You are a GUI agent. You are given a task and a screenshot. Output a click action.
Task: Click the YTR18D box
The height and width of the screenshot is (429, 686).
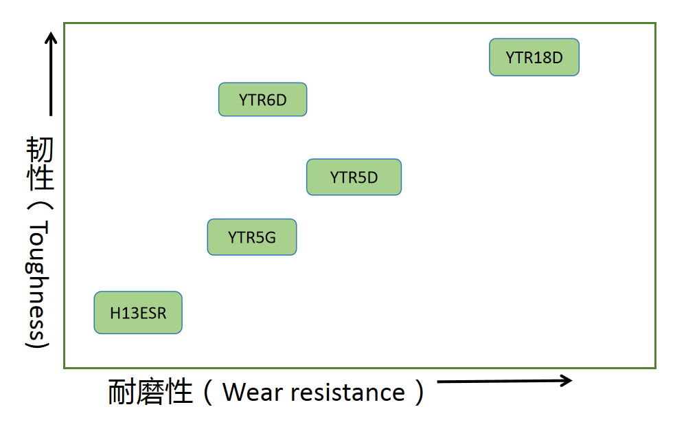534,57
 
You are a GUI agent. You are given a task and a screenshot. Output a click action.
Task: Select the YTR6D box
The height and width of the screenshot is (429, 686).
262,100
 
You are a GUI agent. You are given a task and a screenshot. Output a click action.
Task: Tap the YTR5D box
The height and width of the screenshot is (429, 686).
354,177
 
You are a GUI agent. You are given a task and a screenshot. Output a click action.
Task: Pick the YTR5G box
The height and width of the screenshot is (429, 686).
252,237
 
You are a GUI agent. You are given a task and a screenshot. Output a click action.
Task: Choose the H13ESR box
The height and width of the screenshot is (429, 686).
138,313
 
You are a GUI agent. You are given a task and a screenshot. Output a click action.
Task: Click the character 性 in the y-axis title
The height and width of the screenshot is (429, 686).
40,179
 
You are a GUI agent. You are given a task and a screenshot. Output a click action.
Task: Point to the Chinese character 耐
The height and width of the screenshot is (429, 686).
122,393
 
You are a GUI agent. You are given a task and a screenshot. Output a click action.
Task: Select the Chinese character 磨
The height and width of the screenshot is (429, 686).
150,393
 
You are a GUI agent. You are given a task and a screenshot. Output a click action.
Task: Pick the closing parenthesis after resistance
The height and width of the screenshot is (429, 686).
418,393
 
